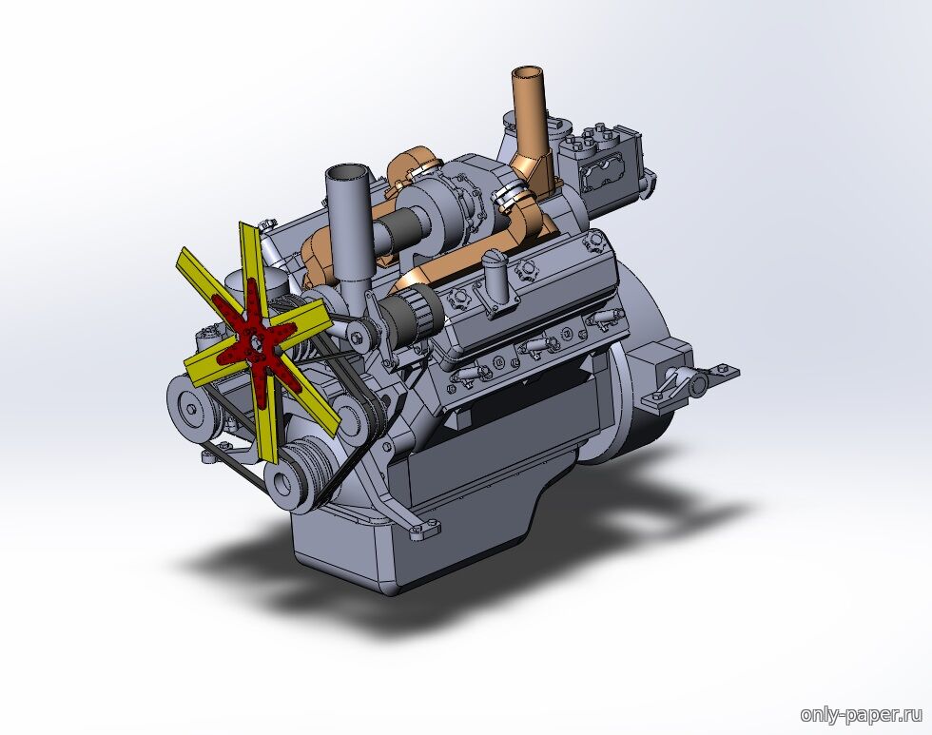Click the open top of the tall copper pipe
point(529,73)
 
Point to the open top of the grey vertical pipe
point(346,172)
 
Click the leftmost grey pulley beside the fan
point(189,407)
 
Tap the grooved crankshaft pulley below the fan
point(301,470)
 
